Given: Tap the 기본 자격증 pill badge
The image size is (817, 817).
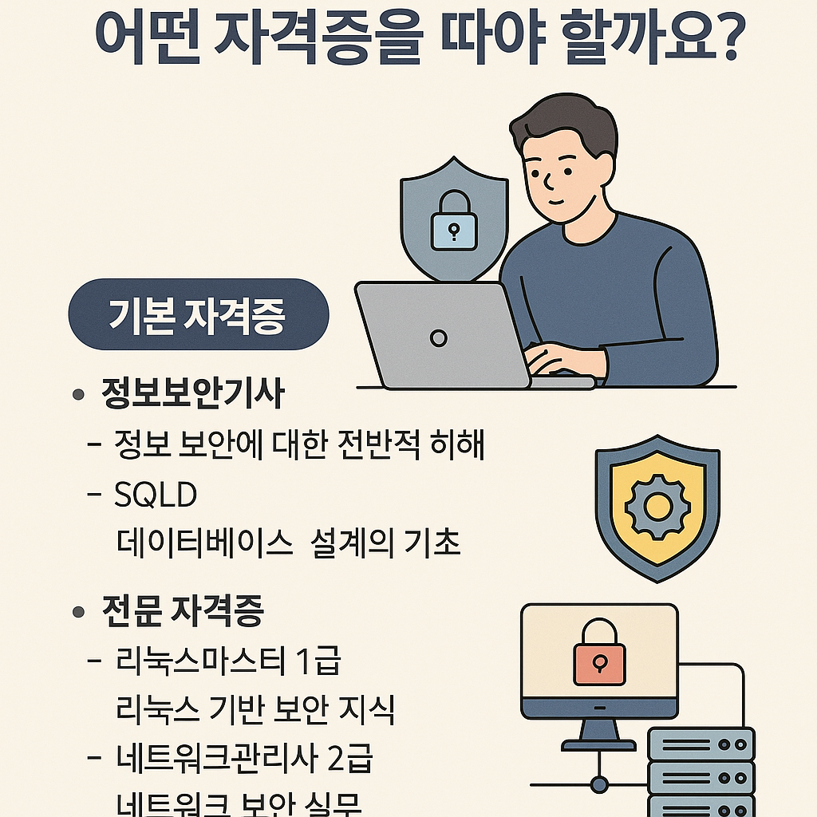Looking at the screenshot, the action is [198, 314].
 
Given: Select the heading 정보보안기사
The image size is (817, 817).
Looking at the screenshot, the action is [192, 394].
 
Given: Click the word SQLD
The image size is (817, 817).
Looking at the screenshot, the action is [156, 495].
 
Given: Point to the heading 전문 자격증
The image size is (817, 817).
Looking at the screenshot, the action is [183, 612].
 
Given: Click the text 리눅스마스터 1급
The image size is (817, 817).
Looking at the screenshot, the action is [228, 661].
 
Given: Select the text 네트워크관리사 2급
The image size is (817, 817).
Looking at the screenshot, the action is [243, 759].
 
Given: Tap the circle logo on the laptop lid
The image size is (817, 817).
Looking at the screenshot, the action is [438, 338].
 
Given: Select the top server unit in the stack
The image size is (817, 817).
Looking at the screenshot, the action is [701, 744].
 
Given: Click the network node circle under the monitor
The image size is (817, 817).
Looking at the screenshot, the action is [599, 785].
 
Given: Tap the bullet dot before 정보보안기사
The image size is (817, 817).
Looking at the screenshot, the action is [78, 395].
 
